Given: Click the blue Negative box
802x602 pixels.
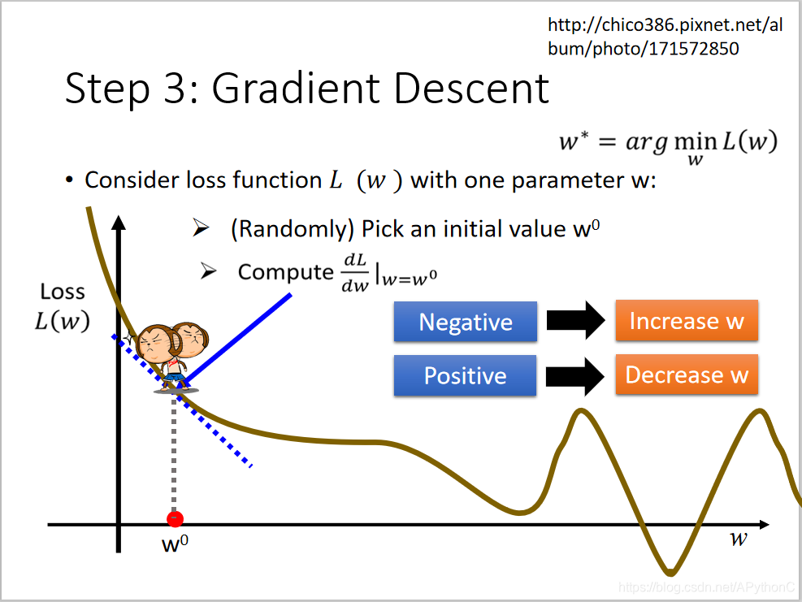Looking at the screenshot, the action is pyautogui.click(x=466, y=322).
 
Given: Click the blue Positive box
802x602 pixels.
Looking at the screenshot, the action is pyautogui.click(x=465, y=375).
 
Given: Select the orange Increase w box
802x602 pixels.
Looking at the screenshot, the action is pyautogui.click(x=687, y=321).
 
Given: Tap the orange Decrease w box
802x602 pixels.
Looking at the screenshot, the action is pyautogui.click(x=687, y=375).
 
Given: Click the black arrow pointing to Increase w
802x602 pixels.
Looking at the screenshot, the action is pyautogui.click(x=576, y=321).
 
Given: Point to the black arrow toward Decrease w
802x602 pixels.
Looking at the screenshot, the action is pyautogui.click(x=575, y=376).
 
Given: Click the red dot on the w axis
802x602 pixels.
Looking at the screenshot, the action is pyautogui.click(x=175, y=519).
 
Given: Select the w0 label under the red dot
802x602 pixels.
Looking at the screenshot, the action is pyautogui.click(x=175, y=544).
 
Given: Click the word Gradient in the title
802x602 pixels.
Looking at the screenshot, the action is pyautogui.click(x=297, y=88).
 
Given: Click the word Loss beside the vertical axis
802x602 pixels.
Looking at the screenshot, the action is pyautogui.click(x=63, y=292).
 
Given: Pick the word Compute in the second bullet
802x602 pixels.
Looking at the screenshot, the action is pyautogui.click(x=285, y=272).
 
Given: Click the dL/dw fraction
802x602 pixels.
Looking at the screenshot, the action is pyautogui.click(x=355, y=273).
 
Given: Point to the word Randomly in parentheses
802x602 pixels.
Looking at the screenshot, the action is pyautogui.click(x=292, y=229).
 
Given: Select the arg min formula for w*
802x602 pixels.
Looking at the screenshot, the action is pyautogui.click(x=669, y=146).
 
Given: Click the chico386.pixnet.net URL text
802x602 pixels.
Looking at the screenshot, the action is pyautogui.click(x=665, y=37).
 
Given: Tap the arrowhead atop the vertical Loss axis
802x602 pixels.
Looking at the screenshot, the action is pyautogui.click(x=119, y=223).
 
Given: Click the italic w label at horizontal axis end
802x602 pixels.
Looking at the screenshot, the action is pyautogui.click(x=738, y=539).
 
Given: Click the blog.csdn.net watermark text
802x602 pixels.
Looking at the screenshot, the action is pyautogui.click(x=706, y=587).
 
